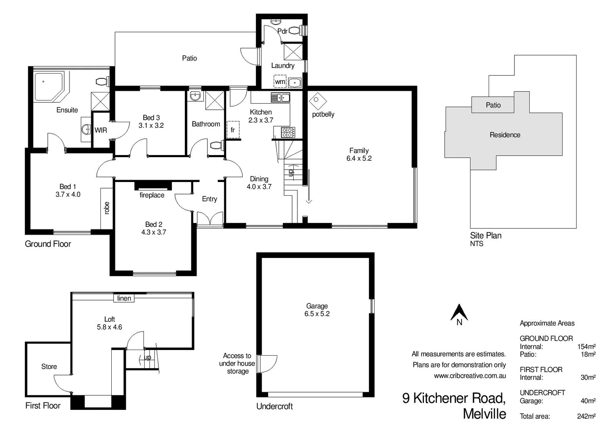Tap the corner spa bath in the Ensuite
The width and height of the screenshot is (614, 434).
pyautogui.click(x=48, y=86)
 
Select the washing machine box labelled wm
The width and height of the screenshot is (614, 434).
pyautogui.click(x=280, y=82)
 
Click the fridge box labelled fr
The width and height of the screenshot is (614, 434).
pyautogui.click(x=233, y=130)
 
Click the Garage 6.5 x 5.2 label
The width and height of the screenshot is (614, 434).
pyautogui.click(x=317, y=310)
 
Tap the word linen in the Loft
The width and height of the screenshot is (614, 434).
pyautogui.click(x=124, y=298)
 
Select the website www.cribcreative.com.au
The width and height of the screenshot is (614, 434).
pyautogui.click(x=469, y=376)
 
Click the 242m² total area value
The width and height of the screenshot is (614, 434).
pyautogui.click(x=586, y=416)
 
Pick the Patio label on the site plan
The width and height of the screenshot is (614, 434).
pyautogui.click(x=493, y=105)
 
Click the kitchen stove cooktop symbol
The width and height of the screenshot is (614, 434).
pyautogui.click(x=288, y=132)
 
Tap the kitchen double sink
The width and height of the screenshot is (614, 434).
pyautogui.click(x=280, y=97)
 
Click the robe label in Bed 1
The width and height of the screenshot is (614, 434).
pyautogui.click(x=106, y=208)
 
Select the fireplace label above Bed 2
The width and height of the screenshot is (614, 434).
pyautogui.click(x=152, y=195)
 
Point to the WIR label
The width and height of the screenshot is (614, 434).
pyautogui.click(x=101, y=130)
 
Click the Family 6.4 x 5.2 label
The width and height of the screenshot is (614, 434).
pyautogui.click(x=359, y=154)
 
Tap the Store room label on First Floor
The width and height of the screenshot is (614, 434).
pyautogui.click(x=49, y=366)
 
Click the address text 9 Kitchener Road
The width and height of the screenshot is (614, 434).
pyautogui.click(x=454, y=398)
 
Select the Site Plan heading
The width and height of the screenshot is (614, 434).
pyautogui.click(x=485, y=235)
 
